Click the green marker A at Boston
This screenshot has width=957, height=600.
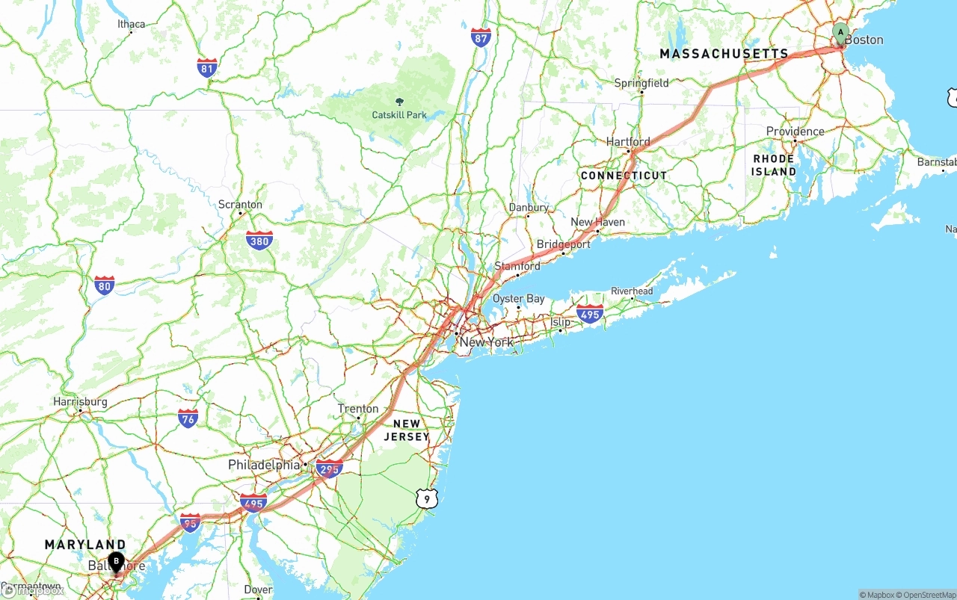click(840, 33)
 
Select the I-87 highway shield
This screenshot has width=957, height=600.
click(481, 38)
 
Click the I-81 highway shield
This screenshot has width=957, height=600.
click(207, 68)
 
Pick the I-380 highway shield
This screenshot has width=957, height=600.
click(259, 240)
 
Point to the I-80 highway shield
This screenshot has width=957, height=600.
click(105, 285)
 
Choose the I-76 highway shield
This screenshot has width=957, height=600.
click(188, 418)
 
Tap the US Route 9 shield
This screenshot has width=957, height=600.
click(426, 498)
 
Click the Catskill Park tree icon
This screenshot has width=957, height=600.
click(399, 102)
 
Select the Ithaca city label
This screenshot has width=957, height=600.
click(131, 24)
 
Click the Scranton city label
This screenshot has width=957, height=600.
click(240, 204)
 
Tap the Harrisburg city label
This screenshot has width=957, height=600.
click(80, 401)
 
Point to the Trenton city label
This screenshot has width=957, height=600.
click(358, 409)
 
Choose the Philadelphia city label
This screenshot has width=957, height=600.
click(264, 465)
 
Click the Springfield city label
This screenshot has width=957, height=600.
click(641, 83)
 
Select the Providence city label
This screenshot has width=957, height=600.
click(795, 132)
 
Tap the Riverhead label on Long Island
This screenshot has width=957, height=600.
click(632, 291)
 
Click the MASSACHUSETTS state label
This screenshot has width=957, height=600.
click(724, 54)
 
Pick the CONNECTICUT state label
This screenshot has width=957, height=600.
click(624, 176)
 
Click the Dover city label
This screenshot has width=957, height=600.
click(259, 590)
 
